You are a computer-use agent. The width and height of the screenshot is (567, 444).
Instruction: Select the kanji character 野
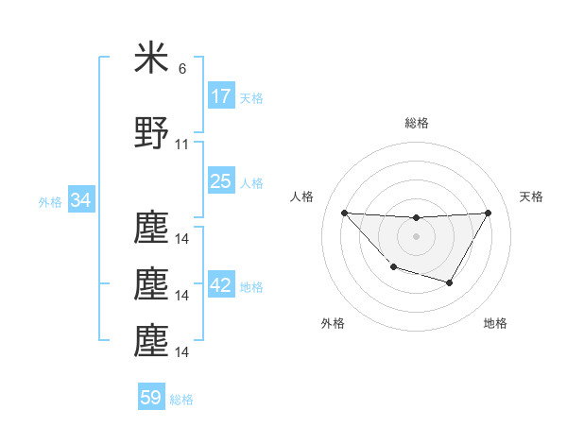click(x=152, y=134)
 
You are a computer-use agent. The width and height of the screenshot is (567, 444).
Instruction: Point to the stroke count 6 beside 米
click(x=182, y=69)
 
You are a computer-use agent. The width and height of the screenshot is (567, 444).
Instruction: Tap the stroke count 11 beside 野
click(x=182, y=145)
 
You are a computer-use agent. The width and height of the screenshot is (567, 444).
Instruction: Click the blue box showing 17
click(x=220, y=96)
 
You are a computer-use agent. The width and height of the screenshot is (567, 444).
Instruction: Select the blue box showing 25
click(x=220, y=181)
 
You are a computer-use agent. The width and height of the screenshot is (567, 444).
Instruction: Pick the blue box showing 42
click(x=220, y=286)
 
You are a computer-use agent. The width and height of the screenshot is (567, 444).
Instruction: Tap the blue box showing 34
click(x=80, y=201)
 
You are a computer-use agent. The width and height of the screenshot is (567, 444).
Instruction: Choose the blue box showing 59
click(x=151, y=398)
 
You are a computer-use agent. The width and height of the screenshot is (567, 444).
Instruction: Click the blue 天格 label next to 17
click(x=251, y=97)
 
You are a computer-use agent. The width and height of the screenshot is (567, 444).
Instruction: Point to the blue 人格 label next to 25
click(x=251, y=182)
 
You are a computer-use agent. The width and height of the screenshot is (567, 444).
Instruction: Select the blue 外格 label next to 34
click(x=50, y=202)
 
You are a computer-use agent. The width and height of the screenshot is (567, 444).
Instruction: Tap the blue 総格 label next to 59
click(x=181, y=400)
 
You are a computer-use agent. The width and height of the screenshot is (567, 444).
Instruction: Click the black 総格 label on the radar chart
click(x=416, y=123)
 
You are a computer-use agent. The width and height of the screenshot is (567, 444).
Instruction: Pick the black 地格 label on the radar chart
click(x=495, y=323)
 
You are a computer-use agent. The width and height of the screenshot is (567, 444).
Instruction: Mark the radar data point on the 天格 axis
click(x=488, y=213)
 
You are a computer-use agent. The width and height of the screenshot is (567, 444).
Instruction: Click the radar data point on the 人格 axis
click(x=344, y=213)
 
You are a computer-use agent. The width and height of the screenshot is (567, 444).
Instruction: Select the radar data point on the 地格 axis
click(x=450, y=282)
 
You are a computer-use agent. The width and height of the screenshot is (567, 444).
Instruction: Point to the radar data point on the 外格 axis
click(x=393, y=268)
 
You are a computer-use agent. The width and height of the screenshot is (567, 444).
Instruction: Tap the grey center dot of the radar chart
click(x=416, y=236)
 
